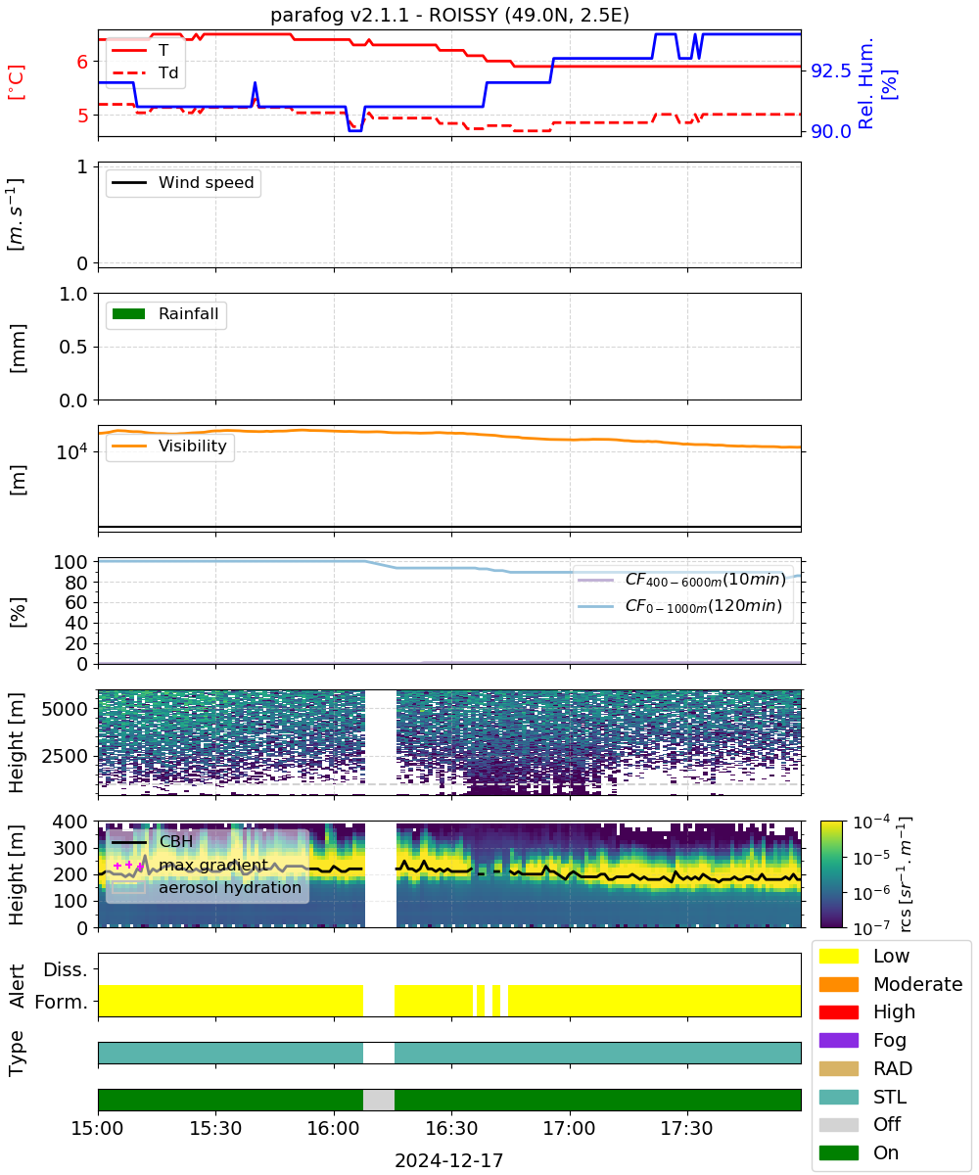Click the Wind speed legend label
[183, 182]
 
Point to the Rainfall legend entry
[165, 313]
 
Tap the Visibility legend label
[169, 446]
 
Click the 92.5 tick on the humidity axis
[830, 70]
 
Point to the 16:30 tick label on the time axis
[451, 1128]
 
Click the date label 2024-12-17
[449, 1160]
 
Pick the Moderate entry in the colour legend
[890, 984]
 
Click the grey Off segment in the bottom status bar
[379, 1100]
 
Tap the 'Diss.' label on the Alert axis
[66, 969]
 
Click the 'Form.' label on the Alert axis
[62, 1002]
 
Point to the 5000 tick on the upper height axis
[65, 709]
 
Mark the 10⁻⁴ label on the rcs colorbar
[871, 822]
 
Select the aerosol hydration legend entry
[207, 887]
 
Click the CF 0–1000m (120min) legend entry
[679, 606]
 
